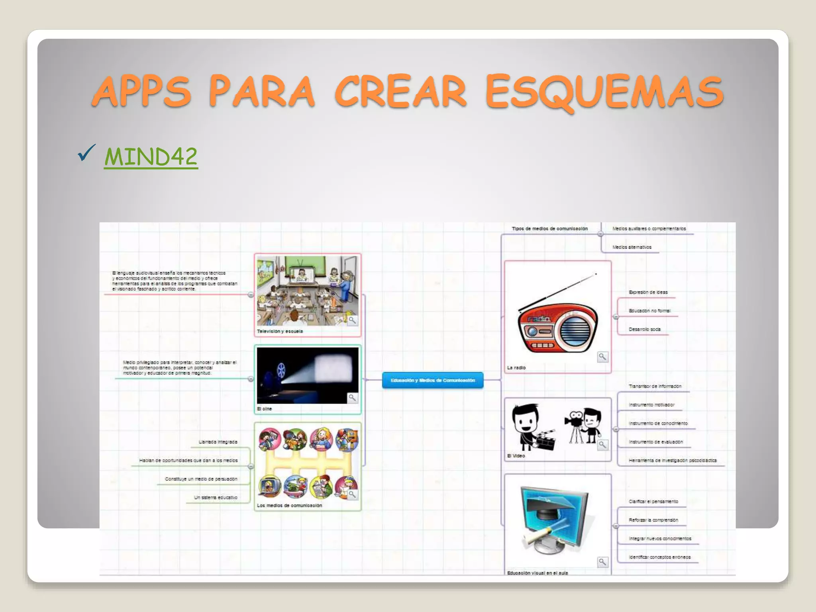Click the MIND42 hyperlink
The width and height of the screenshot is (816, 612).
[151, 157]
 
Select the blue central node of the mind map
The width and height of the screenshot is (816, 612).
[433, 380]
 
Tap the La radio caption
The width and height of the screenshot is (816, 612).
[516, 368]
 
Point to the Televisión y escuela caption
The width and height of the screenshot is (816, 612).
[280, 331]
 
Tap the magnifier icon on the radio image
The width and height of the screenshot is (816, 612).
[602, 357]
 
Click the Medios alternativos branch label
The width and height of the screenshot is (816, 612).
[632, 247]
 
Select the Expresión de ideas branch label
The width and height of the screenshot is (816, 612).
[648, 292]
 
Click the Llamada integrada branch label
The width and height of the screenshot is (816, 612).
[218, 442]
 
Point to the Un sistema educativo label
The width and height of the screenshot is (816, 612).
[216, 498]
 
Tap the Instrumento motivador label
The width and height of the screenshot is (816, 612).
[651, 405]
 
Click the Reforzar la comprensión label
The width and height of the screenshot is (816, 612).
[653, 520]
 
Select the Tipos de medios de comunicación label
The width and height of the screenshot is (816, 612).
[549, 229]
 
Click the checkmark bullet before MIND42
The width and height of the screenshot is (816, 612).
[86, 153]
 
